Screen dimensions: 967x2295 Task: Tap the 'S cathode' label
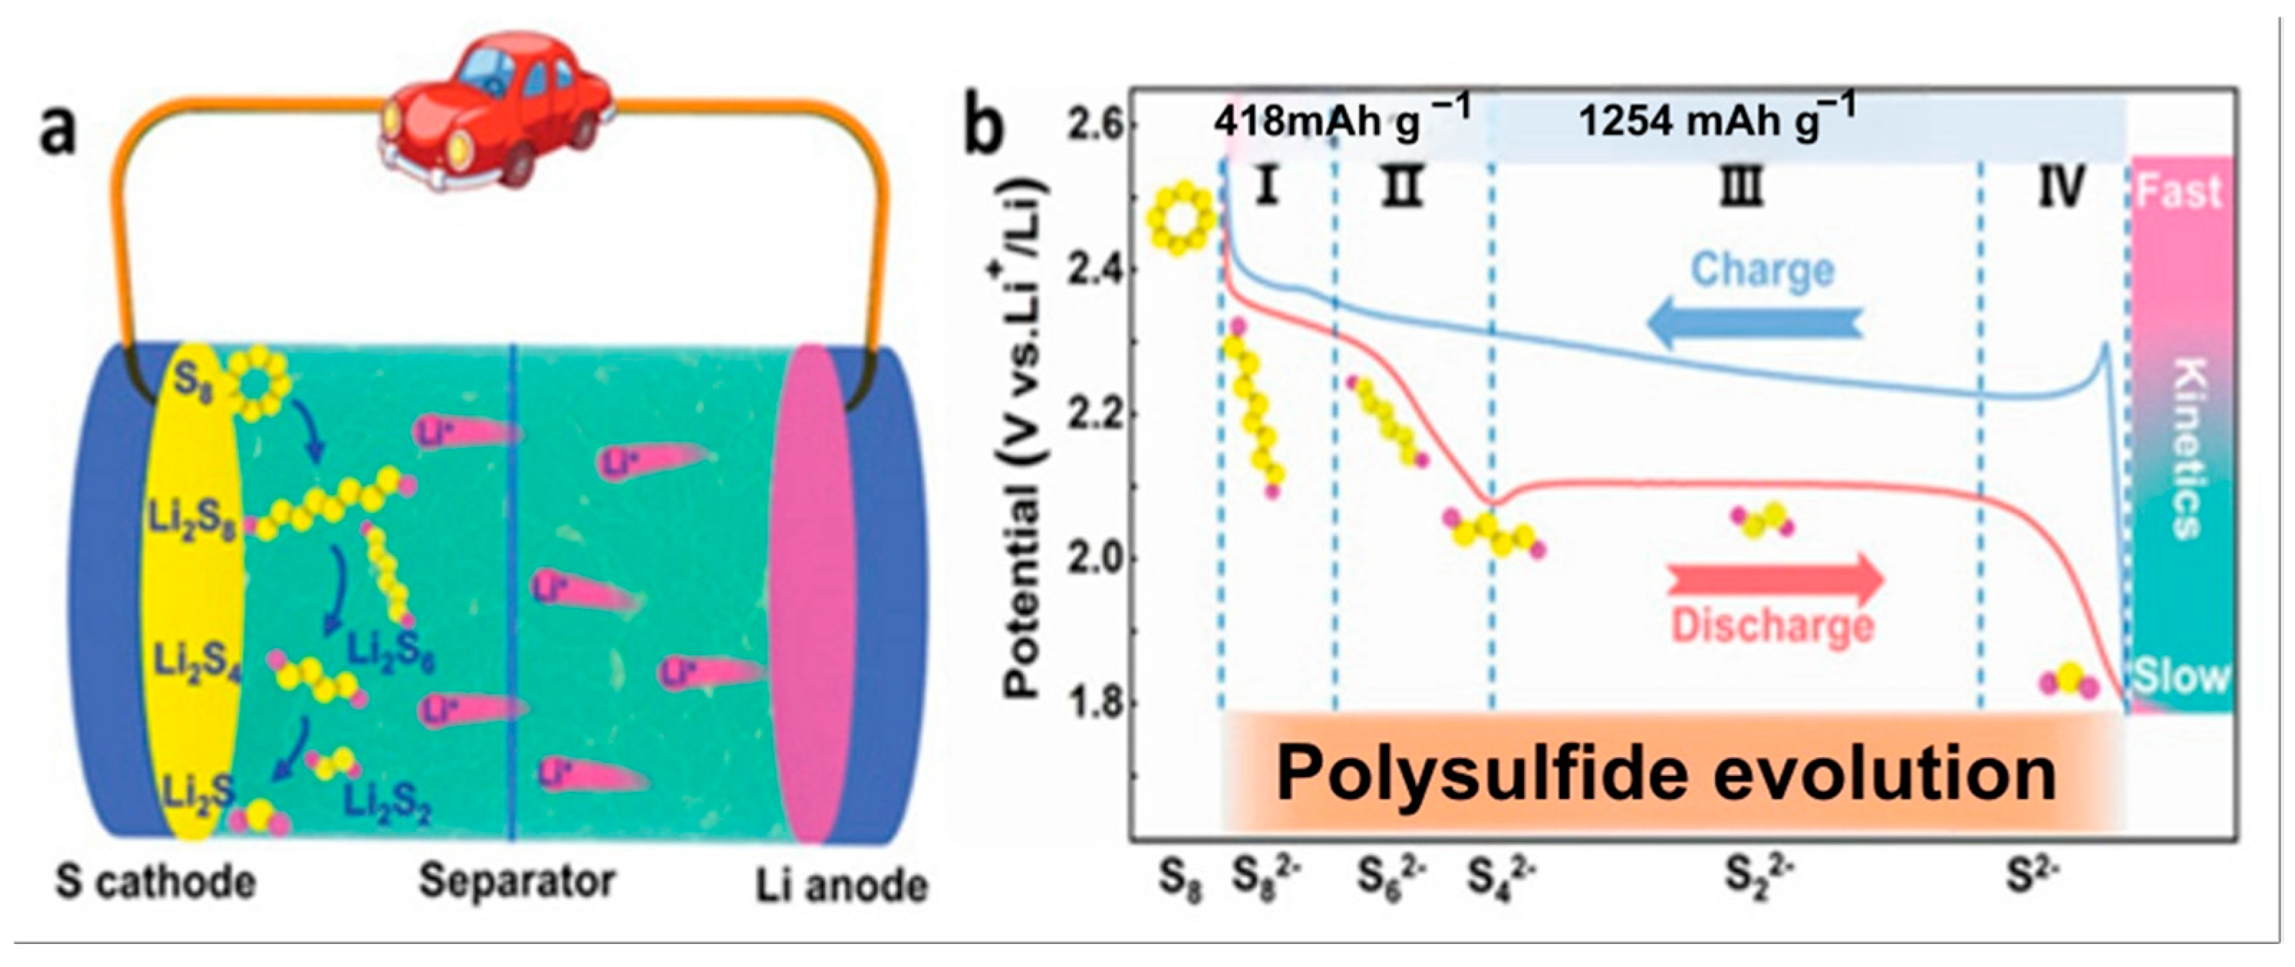156,882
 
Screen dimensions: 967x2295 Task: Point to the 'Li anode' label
842,886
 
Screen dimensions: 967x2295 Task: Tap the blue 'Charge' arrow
1755,325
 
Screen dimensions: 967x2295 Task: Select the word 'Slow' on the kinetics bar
2179,677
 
